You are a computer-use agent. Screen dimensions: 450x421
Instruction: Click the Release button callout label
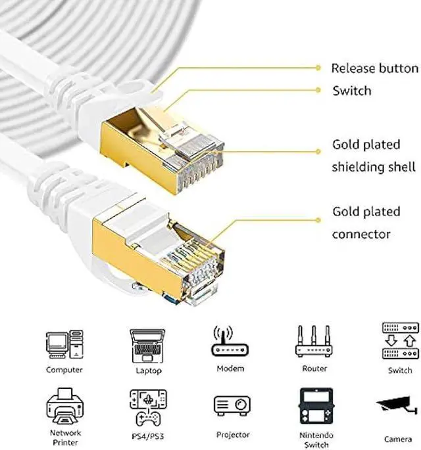tap(374, 68)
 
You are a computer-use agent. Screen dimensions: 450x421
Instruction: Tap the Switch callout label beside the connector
tap(351, 91)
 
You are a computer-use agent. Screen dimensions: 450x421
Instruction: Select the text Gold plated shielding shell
tap(374, 155)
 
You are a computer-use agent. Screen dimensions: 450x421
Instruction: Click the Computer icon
tap(64, 344)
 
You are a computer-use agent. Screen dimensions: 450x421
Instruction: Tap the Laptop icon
tap(147, 344)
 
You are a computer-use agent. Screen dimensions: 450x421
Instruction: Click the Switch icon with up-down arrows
tap(399, 341)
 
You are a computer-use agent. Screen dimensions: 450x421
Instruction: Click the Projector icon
tap(232, 406)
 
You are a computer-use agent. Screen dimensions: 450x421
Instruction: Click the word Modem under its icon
tap(230, 369)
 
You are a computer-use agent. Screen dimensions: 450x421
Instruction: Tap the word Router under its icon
tap(314, 369)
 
